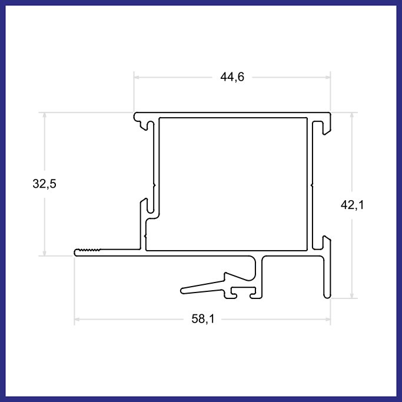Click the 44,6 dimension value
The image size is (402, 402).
232,77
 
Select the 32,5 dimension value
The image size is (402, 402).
44,184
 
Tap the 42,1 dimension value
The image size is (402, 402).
352,205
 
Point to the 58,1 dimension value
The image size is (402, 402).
203,319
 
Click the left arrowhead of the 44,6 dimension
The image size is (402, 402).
137,77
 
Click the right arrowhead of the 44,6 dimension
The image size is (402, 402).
328,77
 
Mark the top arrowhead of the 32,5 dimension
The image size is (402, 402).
44,115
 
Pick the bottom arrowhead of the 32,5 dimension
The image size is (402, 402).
44,253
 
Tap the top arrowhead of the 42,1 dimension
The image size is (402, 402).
352,115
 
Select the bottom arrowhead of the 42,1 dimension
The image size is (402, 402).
352,295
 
